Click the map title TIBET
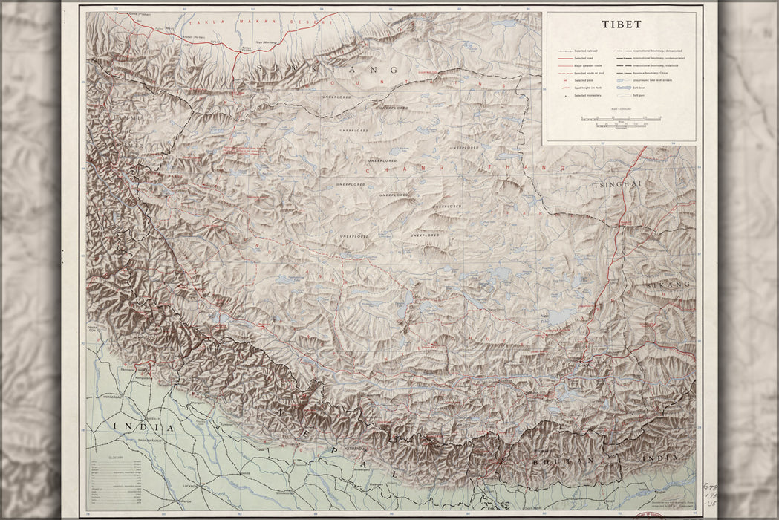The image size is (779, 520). click(622, 24)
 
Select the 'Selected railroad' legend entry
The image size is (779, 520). click(586, 51)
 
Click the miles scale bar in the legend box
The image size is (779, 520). click(621, 120)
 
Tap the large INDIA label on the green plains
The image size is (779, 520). click(143, 429)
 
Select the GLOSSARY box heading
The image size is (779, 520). click(116, 458)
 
